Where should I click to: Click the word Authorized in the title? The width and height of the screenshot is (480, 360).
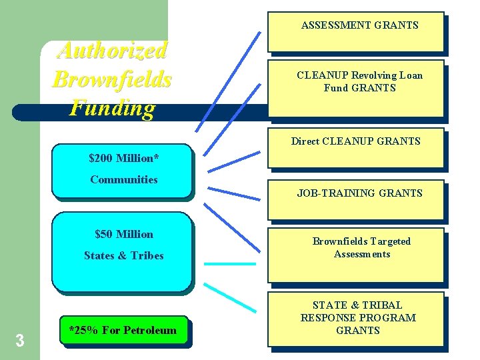point(112,50)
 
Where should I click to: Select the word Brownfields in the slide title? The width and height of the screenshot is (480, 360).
point(112,79)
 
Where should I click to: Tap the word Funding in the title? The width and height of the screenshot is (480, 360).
point(112,107)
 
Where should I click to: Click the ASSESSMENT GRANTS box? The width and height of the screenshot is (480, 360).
point(356,31)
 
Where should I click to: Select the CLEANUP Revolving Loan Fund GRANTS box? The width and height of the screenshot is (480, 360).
point(356,87)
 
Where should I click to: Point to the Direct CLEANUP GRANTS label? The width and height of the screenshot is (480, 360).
point(356,141)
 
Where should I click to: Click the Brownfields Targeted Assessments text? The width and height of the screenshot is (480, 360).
point(361,247)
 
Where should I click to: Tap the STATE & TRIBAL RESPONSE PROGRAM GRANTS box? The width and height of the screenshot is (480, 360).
point(356,318)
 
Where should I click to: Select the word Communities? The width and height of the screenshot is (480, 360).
point(124,179)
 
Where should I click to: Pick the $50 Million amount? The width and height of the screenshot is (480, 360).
point(124,234)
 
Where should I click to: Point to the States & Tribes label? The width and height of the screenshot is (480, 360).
point(124,255)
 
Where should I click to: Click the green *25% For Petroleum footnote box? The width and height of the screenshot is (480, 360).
point(124,331)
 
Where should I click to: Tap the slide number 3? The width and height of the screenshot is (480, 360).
point(19,341)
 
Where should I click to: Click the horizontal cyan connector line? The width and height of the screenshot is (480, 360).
point(229,264)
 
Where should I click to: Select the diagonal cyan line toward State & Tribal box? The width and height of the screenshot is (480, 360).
point(228,297)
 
